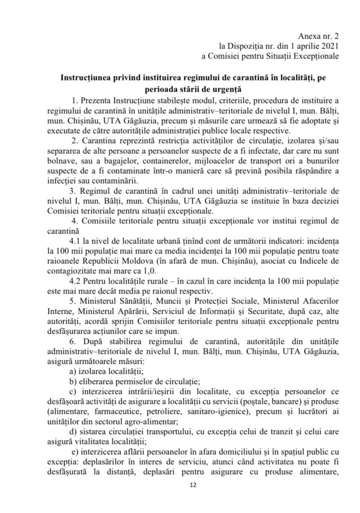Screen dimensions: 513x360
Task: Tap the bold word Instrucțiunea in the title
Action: (90, 79)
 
